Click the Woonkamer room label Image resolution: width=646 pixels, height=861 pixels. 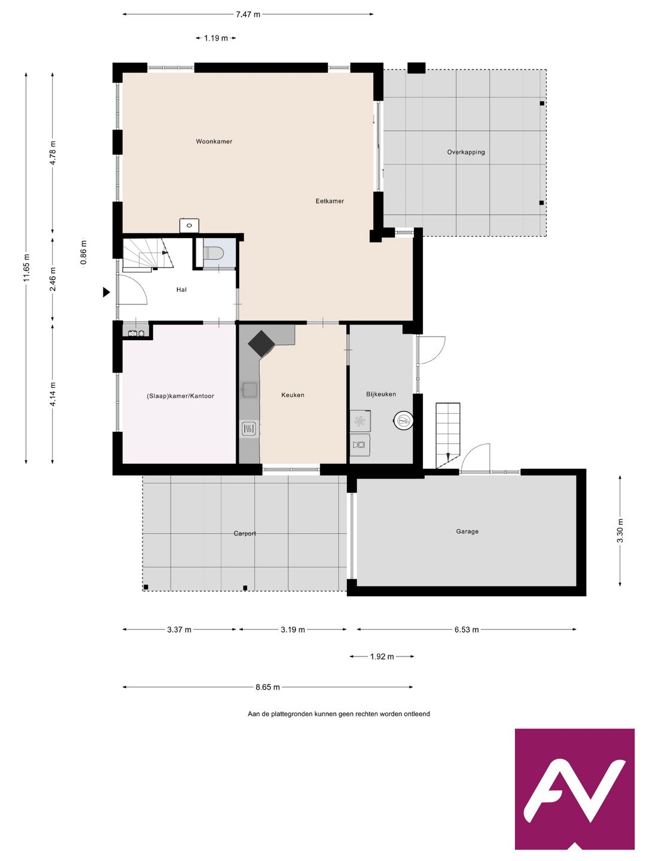tap(214, 141)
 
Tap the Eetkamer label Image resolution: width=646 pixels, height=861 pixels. tap(330, 201)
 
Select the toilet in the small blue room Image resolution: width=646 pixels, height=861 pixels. tap(213, 253)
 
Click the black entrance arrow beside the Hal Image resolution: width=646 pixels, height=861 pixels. tap(106, 292)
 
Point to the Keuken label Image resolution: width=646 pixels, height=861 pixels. tap(292, 395)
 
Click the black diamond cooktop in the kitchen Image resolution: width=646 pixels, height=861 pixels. tap(261, 344)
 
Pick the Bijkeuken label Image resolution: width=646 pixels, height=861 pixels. tap(381, 394)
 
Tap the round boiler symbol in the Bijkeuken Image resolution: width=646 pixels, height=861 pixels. tap(403, 421)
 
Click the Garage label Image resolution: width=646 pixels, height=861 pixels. tap(467, 531)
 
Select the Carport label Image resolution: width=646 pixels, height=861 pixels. tap(245, 533)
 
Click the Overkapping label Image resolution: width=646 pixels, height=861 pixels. tap(465, 152)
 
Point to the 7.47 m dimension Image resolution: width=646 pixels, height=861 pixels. tap(248, 14)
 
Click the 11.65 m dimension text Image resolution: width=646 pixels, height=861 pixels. tap(26, 268)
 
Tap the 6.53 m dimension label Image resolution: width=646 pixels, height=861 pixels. tap(467, 630)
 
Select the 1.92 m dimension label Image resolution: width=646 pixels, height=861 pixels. tap(382, 657)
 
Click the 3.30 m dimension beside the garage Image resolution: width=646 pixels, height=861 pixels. tap(620, 531)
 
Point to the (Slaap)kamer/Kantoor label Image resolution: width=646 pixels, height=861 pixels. tap(181, 396)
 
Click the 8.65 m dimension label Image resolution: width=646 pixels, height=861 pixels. tap(267, 687)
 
